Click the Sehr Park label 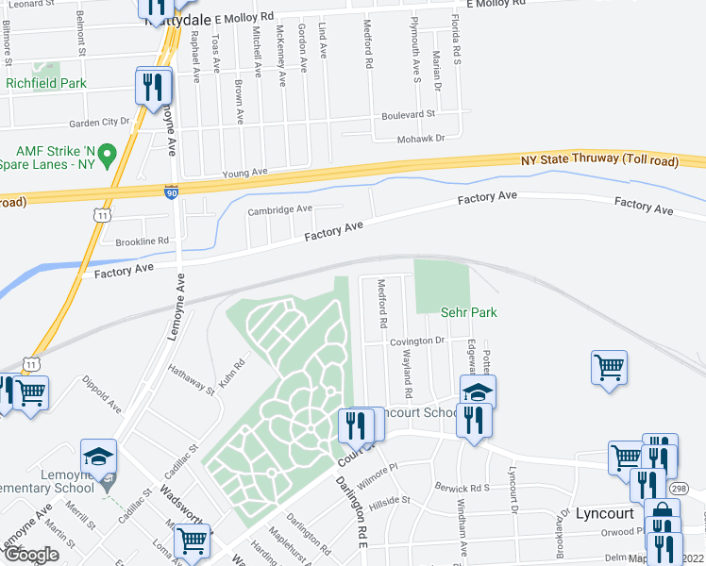click(x=468, y=312)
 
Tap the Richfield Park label click(x=46, y=83)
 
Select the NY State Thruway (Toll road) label click(x=599, y=162)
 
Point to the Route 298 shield click(x=678, y=488)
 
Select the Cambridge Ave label click(x=279, y=209)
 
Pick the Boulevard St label click(x=408, y=115)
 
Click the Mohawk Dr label click(x=420, y=138)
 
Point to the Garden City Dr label click(x=99, y=123)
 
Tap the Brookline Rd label click(x=142, y=241)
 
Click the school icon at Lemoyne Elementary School click(x=98, y=456)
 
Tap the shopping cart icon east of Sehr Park click(x=609, y=366)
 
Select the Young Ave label click(x=245, y=174)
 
